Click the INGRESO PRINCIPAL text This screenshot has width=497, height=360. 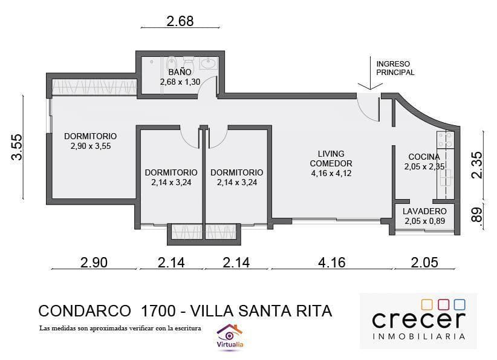[395, 68]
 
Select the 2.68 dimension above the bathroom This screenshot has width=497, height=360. [180, 21]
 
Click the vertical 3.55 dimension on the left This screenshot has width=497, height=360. [17, 147]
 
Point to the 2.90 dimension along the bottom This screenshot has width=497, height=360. [94, 263]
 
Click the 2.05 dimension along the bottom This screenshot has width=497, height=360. [424, 263]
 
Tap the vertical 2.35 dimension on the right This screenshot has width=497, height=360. [477, 164]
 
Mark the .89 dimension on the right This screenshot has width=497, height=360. [477, 216]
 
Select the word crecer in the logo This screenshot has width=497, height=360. [418, 320]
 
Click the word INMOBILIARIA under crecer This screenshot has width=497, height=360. [418, 336]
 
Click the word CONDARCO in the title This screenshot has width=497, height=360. [84, 311]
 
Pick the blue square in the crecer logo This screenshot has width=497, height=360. [459, 304]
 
